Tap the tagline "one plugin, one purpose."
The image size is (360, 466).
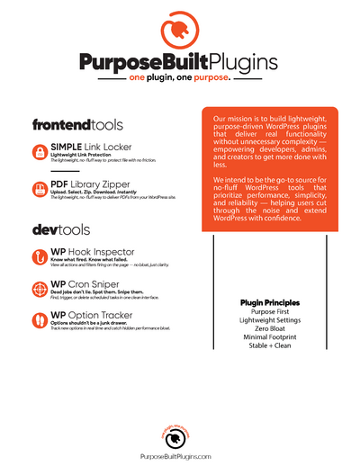(180, 78)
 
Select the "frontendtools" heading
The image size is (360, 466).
(77, 125)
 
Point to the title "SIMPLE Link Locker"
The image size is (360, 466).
(92, 146)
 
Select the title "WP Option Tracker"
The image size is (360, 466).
(92, 316)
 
